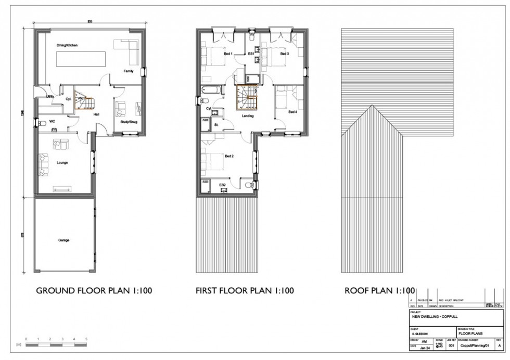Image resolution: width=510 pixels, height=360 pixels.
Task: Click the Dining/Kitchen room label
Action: click(x=67, y=46)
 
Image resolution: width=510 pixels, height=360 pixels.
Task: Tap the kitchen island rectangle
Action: click(x=81, y=59)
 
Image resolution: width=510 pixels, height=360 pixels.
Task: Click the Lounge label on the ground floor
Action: click(x=62, y=163)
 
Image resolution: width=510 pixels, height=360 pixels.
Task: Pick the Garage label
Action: click(x=64, y=240)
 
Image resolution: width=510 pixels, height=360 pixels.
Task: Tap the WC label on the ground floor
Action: click(x=52, y=122)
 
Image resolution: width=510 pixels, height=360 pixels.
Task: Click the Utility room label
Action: click(x=50, y=97)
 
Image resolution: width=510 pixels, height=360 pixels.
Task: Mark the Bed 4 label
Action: click(x=292, y=112)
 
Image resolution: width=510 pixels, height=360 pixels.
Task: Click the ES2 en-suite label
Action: click(x=222, y=185)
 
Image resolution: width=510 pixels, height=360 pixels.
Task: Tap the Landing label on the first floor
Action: click(x=248, y=116)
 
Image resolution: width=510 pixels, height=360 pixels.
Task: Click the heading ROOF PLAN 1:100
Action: click(x=380, y=290)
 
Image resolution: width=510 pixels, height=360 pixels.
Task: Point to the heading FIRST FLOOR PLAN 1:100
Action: click(x=245, y=290)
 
